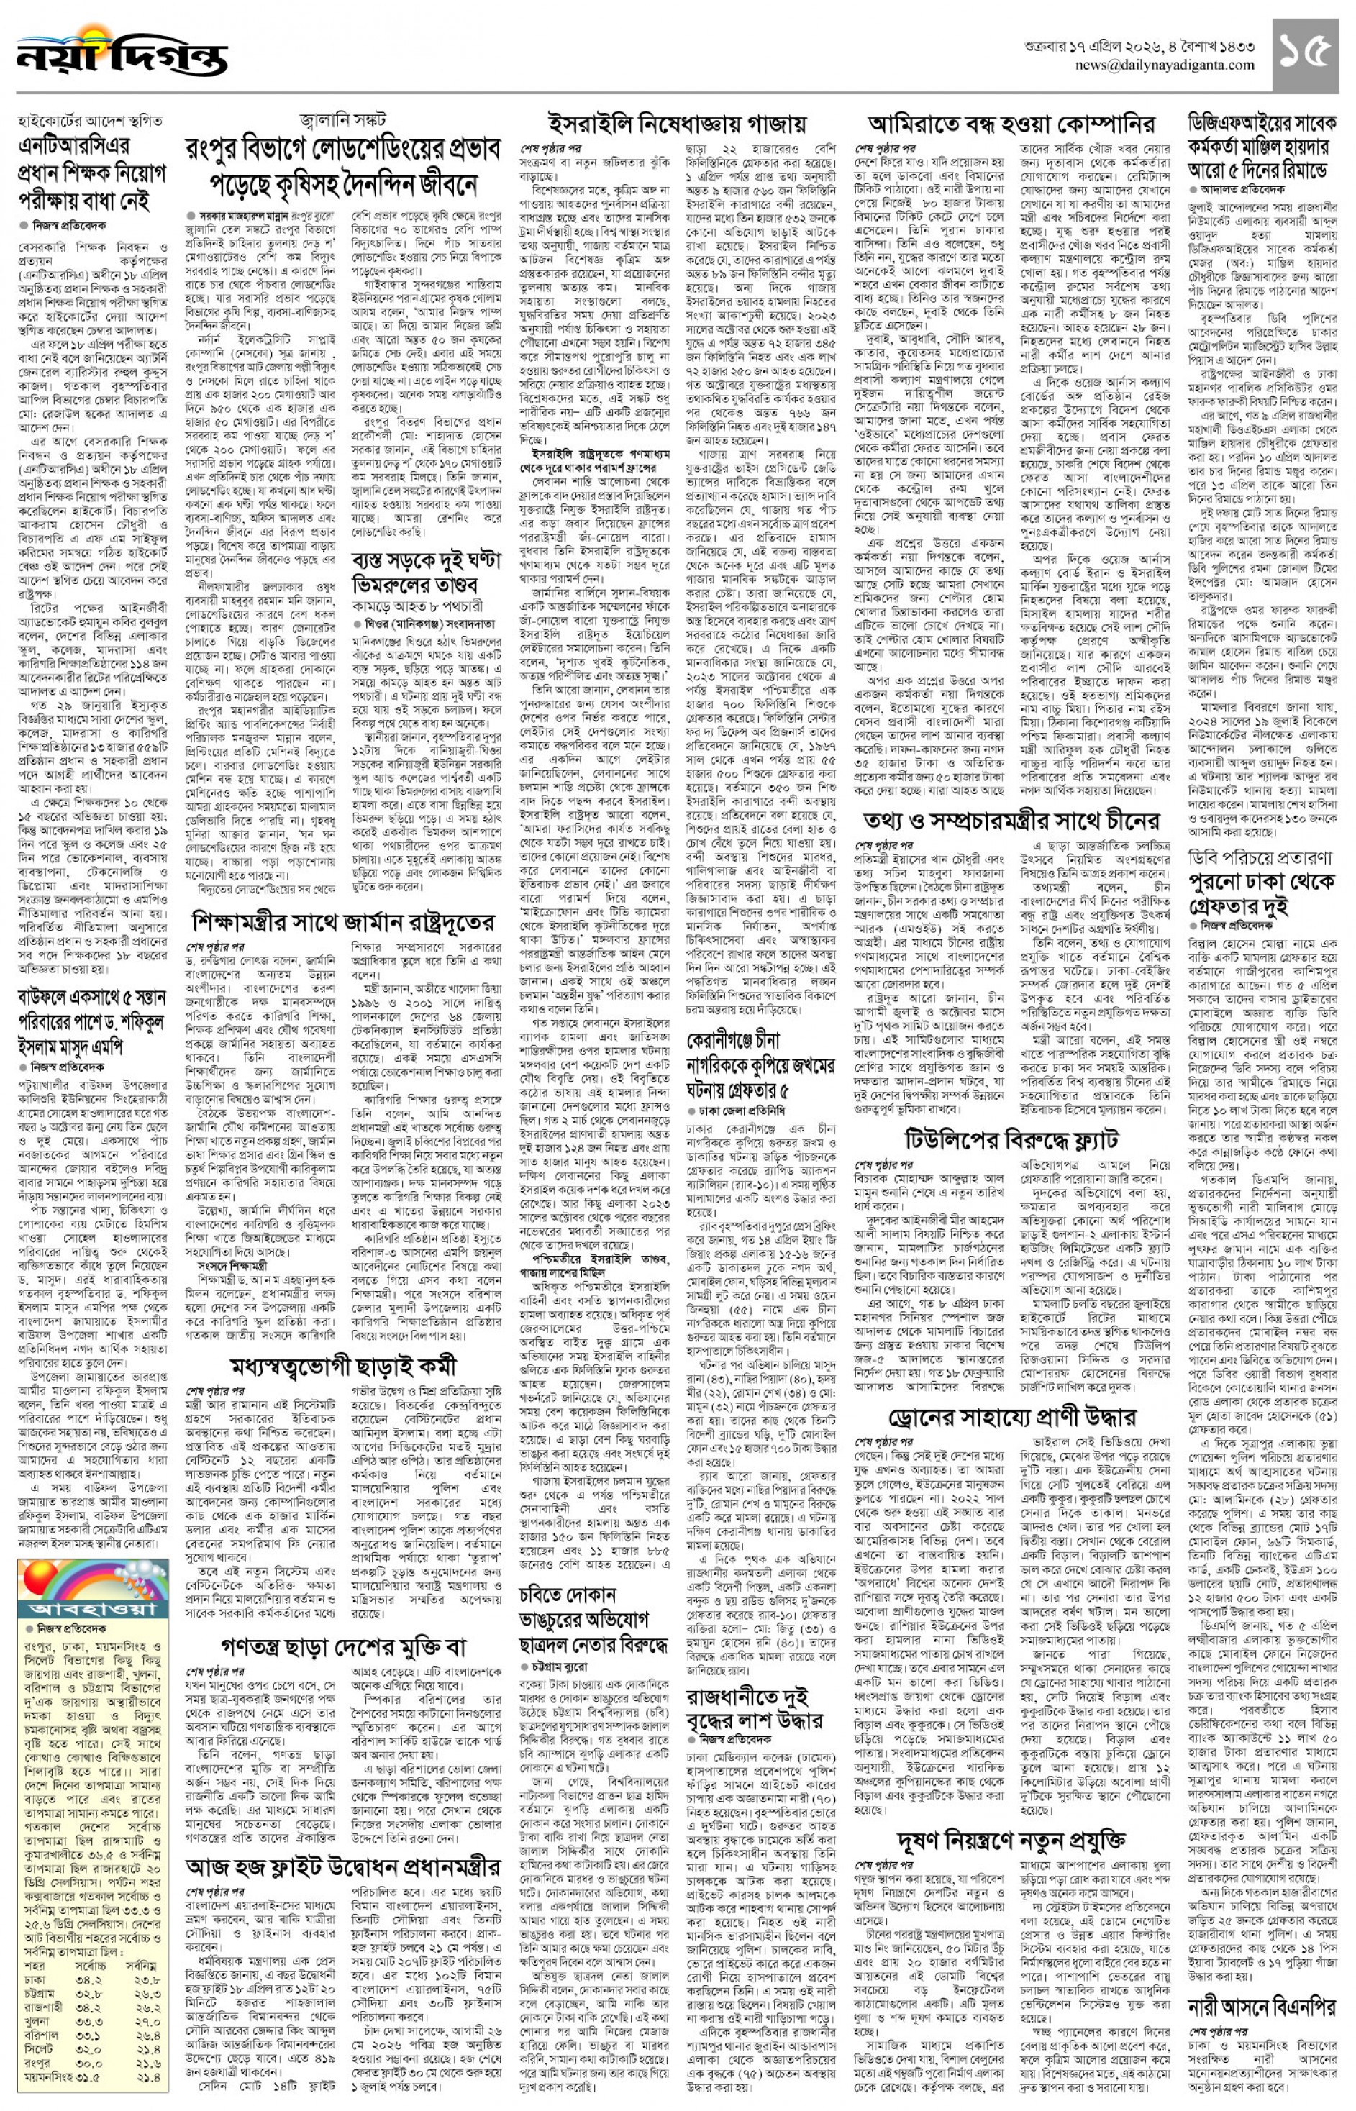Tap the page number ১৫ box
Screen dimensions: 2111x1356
pos(1306,55)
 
